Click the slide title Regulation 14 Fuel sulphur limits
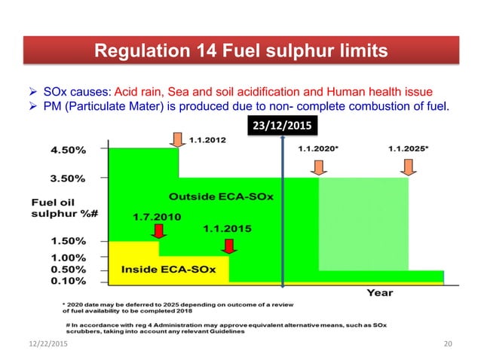240,51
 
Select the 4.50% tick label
69,149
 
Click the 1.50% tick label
69,241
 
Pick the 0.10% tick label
69,281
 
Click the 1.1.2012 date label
206,139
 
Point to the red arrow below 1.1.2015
230,246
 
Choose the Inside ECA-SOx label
168,269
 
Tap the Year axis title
379,292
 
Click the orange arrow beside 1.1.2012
178,139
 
